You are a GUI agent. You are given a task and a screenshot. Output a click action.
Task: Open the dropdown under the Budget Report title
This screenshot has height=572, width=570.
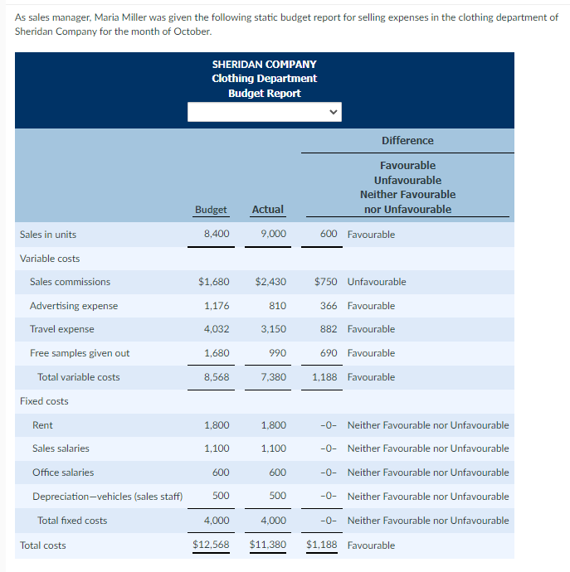click(x=264, y=111)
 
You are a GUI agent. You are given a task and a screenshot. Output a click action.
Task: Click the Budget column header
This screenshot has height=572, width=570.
click(x=211, y=210)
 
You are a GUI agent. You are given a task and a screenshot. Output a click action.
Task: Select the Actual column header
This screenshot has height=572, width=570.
click(x=267, y=210)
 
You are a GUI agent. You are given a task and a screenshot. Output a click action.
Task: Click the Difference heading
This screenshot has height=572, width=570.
click(x=407, y=141)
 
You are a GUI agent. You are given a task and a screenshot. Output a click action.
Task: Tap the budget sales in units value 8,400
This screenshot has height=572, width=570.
click(x=217, y=235)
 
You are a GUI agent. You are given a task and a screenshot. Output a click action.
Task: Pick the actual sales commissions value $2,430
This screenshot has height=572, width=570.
click(x=270, y=282)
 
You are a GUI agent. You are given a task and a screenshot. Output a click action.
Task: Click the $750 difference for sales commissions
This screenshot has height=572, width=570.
click(x=325, y=282)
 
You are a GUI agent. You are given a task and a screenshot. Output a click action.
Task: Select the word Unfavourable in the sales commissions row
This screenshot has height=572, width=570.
click(x=377, y=282)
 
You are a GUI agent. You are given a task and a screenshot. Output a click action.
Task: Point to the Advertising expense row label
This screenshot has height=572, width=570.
click(x=74, y=306)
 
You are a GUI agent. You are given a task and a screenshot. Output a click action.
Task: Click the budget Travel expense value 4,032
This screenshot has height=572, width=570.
click(x=217, y=329)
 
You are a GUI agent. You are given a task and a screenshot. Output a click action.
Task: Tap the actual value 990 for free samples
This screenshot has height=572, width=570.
click(x=277, y=353)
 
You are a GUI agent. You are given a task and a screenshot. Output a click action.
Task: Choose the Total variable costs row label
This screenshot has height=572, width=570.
click(x=78, y=377)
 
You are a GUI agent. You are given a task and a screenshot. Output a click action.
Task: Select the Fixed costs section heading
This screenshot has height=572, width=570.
click(x=44, y=401)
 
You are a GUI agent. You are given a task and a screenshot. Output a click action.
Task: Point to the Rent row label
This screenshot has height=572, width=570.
click(x=42, y=425)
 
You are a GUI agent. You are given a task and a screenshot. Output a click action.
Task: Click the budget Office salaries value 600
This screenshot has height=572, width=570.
click(x=221, y=473)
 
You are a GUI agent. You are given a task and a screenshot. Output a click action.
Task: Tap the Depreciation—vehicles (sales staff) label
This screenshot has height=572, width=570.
click(x=107, y=497)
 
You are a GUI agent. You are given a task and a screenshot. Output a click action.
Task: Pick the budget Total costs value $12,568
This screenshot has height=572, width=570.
click(x=211, y=545)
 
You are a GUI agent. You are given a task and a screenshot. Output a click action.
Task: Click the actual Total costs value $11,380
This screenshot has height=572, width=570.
click(x=267, y=545)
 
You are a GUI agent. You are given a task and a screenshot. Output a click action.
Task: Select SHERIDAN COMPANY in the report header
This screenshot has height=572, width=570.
click(x=264, y=64)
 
